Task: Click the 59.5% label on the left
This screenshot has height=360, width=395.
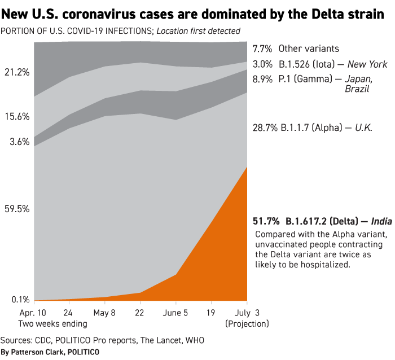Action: (17, 209)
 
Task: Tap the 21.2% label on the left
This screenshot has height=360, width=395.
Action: (17, 72)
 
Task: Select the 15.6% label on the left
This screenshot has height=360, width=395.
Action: (17, 117)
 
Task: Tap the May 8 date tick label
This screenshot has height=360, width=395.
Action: (104, 313)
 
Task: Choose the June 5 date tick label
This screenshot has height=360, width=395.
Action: (176, 313)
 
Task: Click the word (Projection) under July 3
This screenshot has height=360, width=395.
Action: (247, 324)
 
